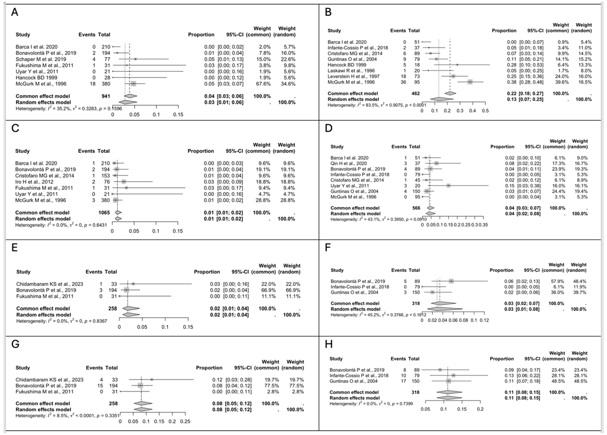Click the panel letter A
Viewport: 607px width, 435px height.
(x=15, y=12)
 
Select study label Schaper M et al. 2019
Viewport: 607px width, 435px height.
(x=41, y=59)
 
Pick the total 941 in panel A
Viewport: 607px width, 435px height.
(x=106, y=96)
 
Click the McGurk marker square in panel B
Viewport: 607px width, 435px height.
(x=470, y=82)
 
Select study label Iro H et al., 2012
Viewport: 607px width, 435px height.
(x=34, y=182)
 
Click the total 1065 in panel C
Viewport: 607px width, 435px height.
(x=104, y=213)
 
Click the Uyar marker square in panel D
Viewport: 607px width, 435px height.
(x=449, y=186)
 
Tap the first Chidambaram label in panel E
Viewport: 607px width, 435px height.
(x=49, y=284)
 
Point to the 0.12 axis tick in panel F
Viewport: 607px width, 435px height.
(x=484, y=320)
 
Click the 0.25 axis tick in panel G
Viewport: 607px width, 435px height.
(x=185, y=422)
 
